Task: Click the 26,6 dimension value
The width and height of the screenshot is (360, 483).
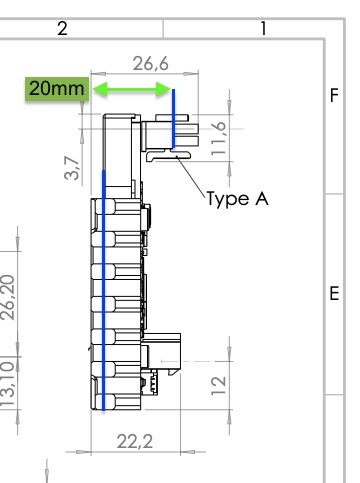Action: click(x=151, y=63)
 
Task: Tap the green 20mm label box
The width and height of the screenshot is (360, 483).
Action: click(x=57, y=89)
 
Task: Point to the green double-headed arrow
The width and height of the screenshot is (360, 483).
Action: click(x=132, y=89)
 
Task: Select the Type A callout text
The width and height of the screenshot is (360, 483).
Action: click(x=237, y=199)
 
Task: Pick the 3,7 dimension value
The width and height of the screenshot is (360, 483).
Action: click(x=72, y=168)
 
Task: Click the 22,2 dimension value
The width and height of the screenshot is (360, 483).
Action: click(x=135, y=442)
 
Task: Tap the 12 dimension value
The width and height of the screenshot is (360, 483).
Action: click(x=219, y=385)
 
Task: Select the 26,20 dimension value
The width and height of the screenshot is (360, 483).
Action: click(x=7, y=297)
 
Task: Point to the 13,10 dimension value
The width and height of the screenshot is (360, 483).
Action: click(x=7, y=384)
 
